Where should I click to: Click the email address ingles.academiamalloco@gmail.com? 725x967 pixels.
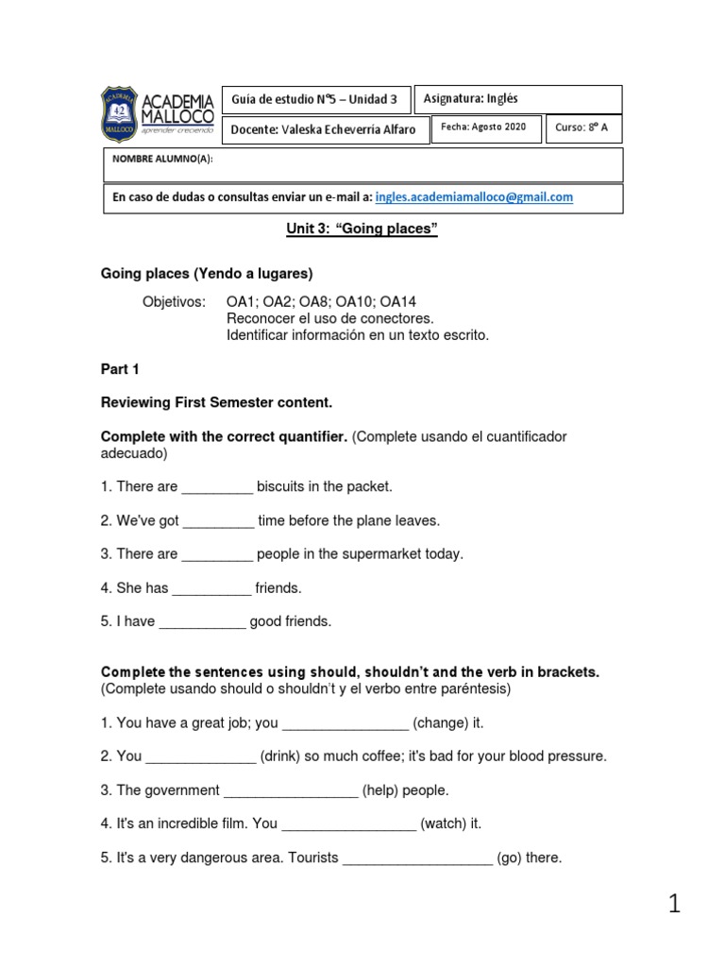point(474,197)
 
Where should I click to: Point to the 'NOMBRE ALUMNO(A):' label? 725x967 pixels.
point(162,160)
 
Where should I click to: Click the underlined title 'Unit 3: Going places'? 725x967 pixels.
point(362,230)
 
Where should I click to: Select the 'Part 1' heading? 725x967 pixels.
point(120,370)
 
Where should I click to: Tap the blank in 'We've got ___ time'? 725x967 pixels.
point(218,521)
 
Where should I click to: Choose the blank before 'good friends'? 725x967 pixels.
point(202,622)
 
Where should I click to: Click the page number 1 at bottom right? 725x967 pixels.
point(674,904)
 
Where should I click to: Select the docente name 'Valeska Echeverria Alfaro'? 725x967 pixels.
point(348,130)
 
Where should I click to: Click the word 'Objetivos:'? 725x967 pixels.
point(174,302)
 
